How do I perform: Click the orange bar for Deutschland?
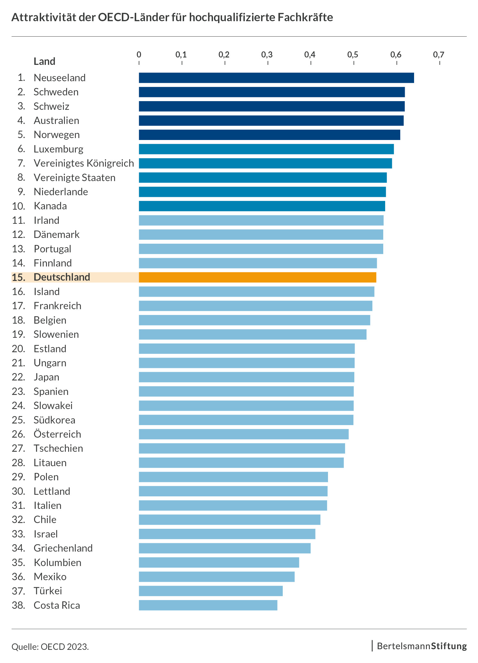coord(257,277)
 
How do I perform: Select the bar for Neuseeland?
coord(276,78)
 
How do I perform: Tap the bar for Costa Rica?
coord(208,605)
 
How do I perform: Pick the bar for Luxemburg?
coord(266,149)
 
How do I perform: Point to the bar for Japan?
coord(246,377)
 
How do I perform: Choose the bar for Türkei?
coord(210,591)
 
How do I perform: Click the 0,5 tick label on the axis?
coord(353,55)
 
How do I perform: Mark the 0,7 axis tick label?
coord(439,55)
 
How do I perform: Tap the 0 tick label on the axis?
coord(139,55)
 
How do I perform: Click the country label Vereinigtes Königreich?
coord(84,163)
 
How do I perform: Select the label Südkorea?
coord(54,420)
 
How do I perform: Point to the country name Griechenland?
coord(63,548)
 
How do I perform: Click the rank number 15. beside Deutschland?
coord(19,277)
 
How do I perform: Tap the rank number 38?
coord(19,605)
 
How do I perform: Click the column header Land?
coord(44,61)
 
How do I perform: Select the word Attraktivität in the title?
coord(44,17)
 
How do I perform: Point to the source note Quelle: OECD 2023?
coord(50,646)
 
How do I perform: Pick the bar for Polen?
coord(233,477)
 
